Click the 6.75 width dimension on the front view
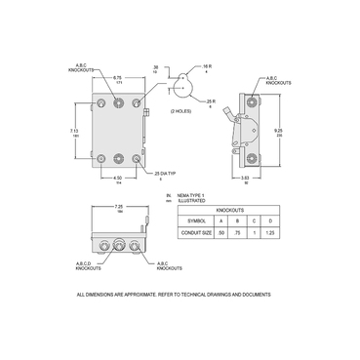(x=118, y=77)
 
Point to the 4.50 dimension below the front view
(x=118, y=177)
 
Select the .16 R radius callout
(x=209, y=66)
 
